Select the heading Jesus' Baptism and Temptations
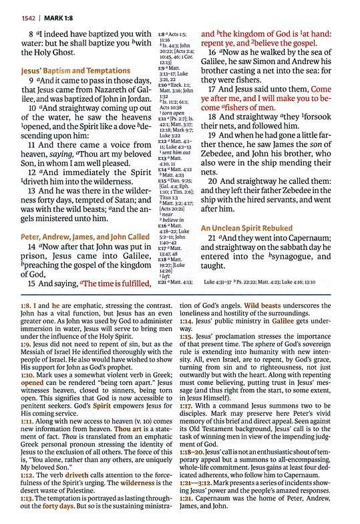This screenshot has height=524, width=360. (75, 70)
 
